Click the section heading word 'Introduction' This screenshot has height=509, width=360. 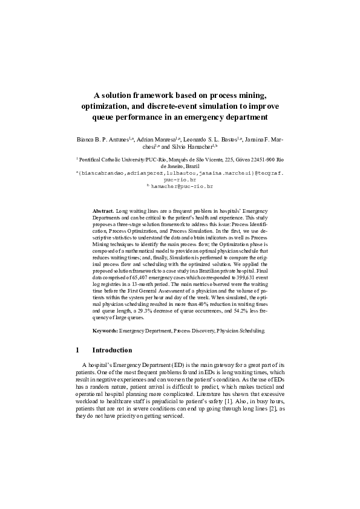112,350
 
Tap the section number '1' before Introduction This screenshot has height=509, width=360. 78,350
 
